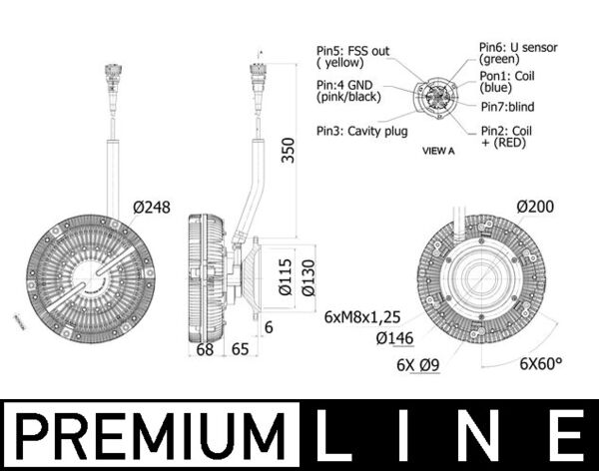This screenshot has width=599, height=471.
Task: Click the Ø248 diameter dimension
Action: click(x=152, y=208)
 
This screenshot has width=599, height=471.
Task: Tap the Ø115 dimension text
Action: click(x=285, y=276)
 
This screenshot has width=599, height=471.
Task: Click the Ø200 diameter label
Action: click(x=536, y=206)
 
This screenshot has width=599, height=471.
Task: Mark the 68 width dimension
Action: click(x=205, y=349)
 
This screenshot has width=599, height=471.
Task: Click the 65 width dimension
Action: click(x=240, y=349)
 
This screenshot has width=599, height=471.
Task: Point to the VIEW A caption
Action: click(x=438, y=152)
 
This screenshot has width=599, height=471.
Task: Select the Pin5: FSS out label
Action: click(x=354, y=56)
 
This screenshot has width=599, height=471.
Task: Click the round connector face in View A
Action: click(x=438, y=99)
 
